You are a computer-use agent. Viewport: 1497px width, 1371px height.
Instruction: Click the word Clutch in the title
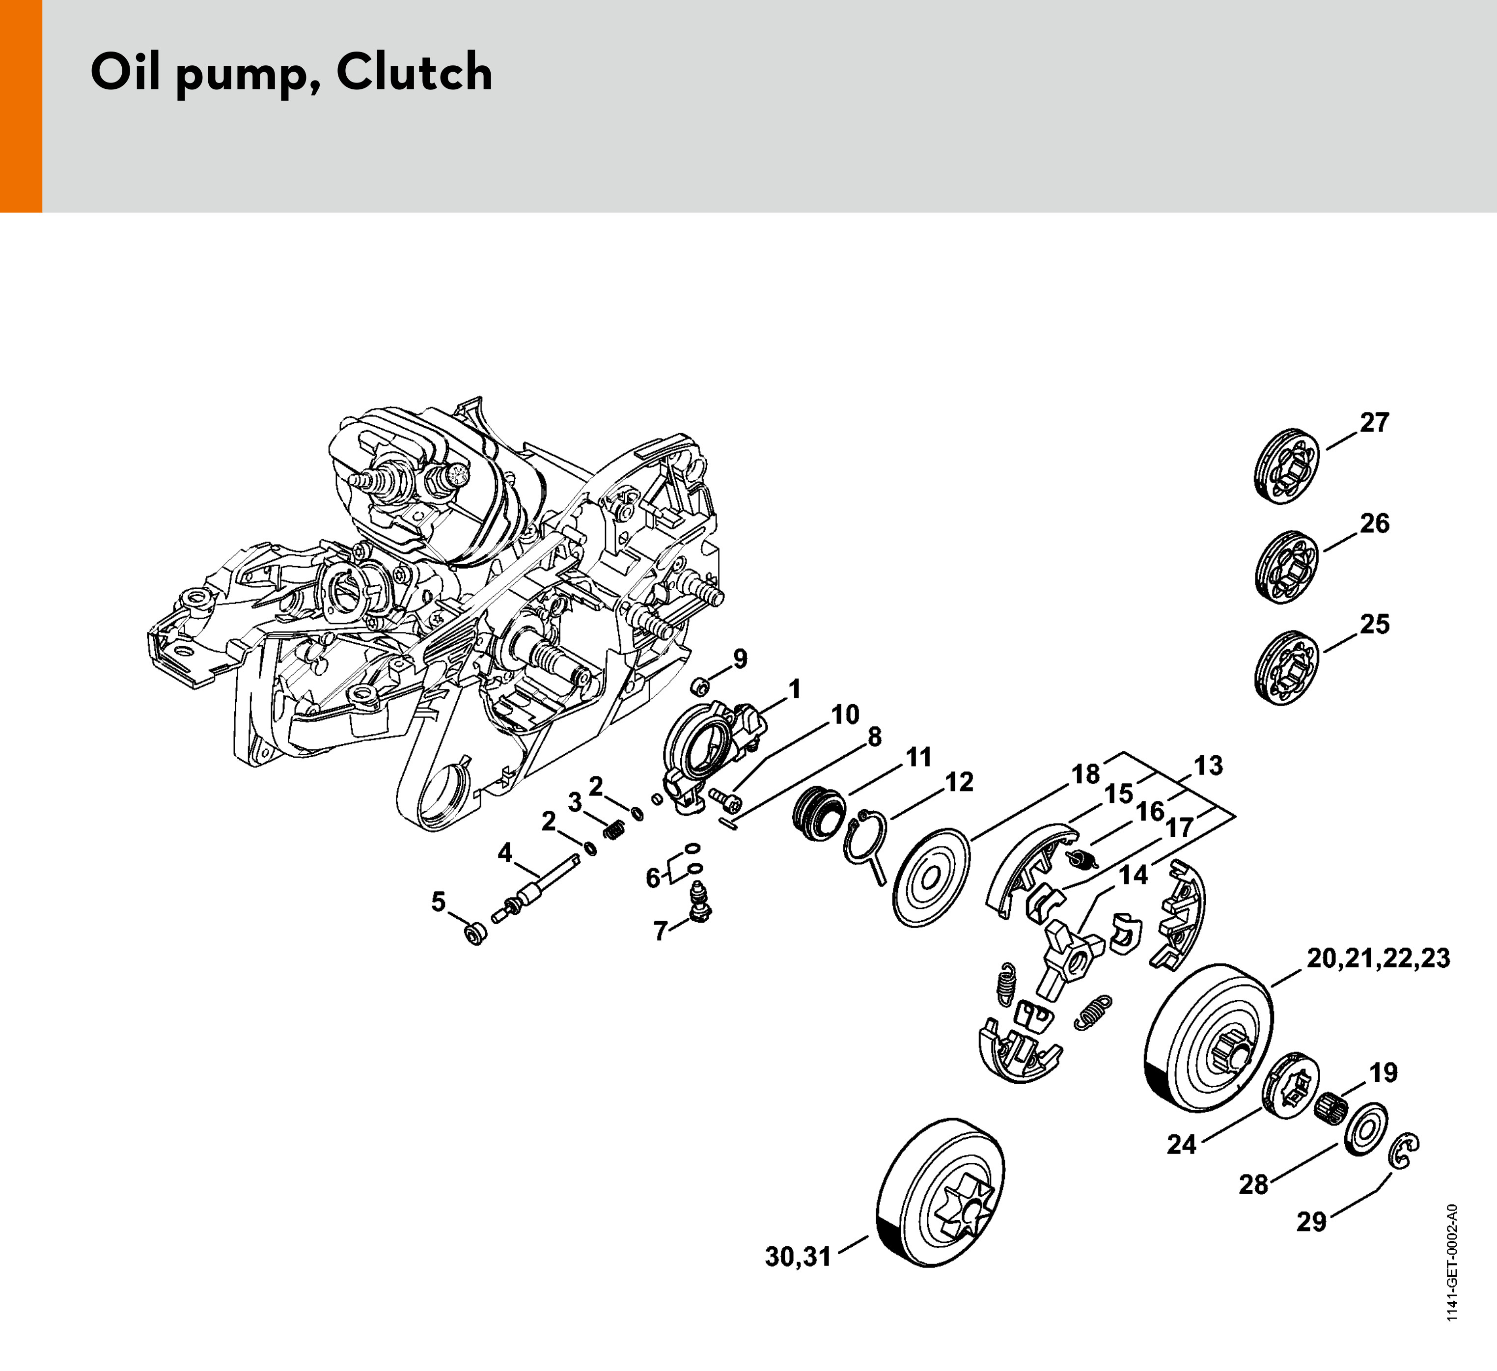click(x=415, y=72)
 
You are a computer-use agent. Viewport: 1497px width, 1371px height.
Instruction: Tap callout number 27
click(x=1374, y=422)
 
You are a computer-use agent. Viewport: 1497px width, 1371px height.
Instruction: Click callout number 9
click(x=740, y=658)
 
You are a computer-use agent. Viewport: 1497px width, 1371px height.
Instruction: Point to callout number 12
click(x=959, y=782)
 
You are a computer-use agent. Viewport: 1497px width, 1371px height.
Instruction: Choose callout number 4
click(x=505, y=853)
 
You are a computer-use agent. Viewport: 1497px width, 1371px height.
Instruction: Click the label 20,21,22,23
click(x=1378, y=959)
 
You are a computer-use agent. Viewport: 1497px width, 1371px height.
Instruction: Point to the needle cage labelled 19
click(x=1331, y=1108)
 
